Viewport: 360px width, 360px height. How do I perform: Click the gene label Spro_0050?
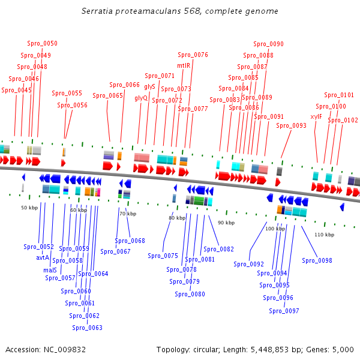(42, 43)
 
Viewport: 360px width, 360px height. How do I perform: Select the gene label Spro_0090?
(268, 44)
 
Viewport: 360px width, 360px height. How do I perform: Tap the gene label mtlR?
(184, 65)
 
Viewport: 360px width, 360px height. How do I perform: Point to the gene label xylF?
(316, 116)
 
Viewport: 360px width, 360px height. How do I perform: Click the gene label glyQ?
(141, 98)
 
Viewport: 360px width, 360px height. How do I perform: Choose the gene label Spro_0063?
(87, 328)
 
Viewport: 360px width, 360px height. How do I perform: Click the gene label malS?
(50, 270)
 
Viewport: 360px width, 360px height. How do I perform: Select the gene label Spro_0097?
(284, 311)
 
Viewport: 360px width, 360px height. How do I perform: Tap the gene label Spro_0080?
(190, 294)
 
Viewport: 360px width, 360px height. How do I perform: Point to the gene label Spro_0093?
(291, 125)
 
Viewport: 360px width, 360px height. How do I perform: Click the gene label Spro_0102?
(343, 120)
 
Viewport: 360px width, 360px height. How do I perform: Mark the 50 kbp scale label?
(29, 208)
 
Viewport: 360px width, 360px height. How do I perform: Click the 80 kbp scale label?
(177, 218)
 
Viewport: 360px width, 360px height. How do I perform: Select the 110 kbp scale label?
(324, 235)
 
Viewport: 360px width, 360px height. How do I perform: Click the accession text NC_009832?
(63, 349)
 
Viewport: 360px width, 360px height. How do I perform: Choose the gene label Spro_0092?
(248, 264)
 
